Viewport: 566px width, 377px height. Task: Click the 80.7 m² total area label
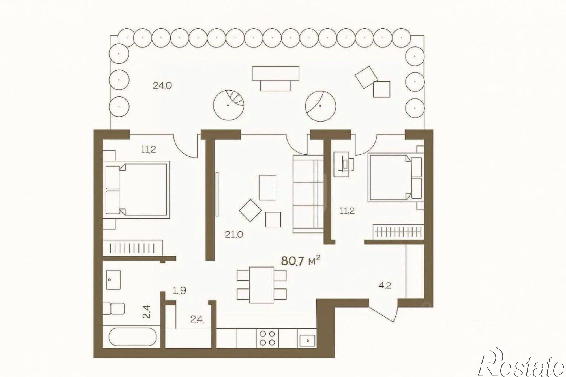click(x=301, y=261)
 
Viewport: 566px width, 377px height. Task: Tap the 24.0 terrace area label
click(x=162, y=85)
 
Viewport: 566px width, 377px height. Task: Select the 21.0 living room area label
click(x=234, y=234)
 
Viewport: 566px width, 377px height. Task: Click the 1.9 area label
click(x=180, y=290)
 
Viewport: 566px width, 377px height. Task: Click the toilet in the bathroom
click(x=113, y=309)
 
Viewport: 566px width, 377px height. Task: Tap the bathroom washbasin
click(x=113, y=279)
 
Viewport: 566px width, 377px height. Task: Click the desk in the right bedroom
click(x=344, y=164)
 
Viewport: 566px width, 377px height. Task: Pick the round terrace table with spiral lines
click(x=228, y=104)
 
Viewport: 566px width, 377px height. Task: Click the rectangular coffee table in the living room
click(x=267, y=188)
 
